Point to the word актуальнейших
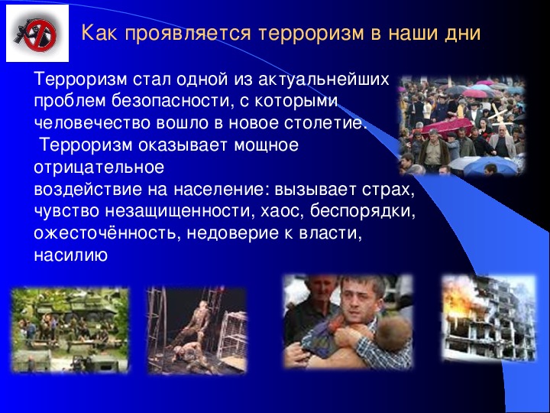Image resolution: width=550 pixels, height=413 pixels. pyautogui.click(x=323, y=80)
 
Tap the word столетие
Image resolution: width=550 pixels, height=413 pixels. pyautogui.click(x=325, y=123)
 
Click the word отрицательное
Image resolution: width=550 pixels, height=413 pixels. pyautogui.click(x=99, y=167)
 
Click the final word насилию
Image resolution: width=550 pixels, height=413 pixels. pyautogui.click(x=70, y=255)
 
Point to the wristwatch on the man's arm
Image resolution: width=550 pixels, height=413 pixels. pyautogui.click(x=362, y=343)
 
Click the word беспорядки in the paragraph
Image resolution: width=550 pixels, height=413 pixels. pyautogui.click(x=362, y=212)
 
